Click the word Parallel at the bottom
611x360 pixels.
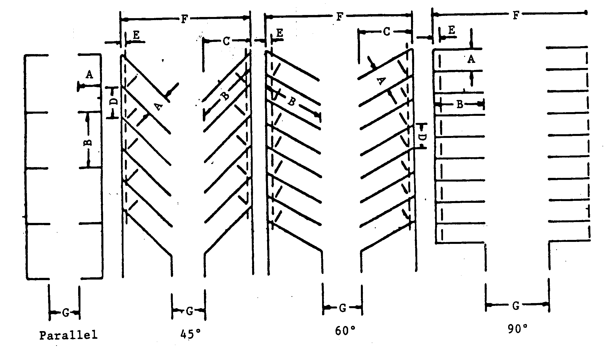coord(68,335)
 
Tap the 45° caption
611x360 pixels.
coord(190,335)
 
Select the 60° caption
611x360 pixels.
coord(345,330)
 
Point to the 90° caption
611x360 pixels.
coord(517,329)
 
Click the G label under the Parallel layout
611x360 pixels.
coord(65,313)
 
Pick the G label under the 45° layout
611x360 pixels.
coord(190,311)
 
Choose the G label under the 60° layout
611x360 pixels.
coord(342,308)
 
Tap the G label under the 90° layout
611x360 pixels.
coord(516,305)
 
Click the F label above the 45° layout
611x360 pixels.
coord(184,19)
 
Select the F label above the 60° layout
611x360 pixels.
coord(339,17)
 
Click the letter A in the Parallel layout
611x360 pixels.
coord(89,75)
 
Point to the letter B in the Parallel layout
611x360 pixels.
coord(88,141)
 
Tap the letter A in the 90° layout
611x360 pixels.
coord(471,59)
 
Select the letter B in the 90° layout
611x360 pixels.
coord(460,105)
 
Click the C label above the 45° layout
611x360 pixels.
coord(226,41)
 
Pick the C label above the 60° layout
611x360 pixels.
coord(386,32)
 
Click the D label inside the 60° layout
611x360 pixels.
coord(422,137)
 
